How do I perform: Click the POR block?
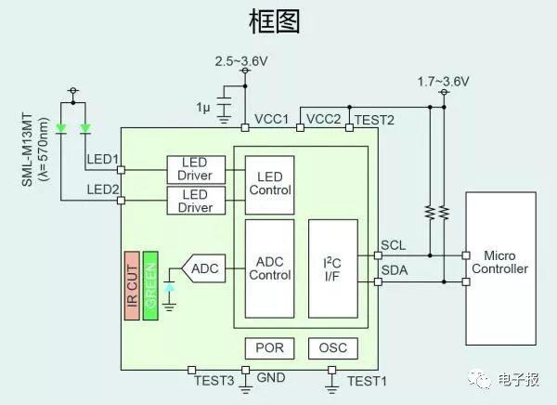269,348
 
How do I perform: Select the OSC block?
333,348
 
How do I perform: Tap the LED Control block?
269,185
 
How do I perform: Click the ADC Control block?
269,268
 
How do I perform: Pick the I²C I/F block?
333,268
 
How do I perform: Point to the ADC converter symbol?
203,268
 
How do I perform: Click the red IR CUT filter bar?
132,286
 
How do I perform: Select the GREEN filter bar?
150,286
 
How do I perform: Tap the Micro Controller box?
501,268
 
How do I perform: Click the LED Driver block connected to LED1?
196,170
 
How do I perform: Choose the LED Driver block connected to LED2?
196,201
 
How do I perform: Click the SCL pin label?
394,245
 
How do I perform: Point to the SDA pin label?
395,270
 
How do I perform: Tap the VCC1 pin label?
272,120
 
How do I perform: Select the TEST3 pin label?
214,381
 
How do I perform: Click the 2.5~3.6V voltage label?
241,61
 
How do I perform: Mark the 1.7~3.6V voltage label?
443,82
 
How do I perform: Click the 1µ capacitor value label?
203,107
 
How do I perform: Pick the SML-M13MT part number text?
27,150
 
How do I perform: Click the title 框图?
275,21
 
